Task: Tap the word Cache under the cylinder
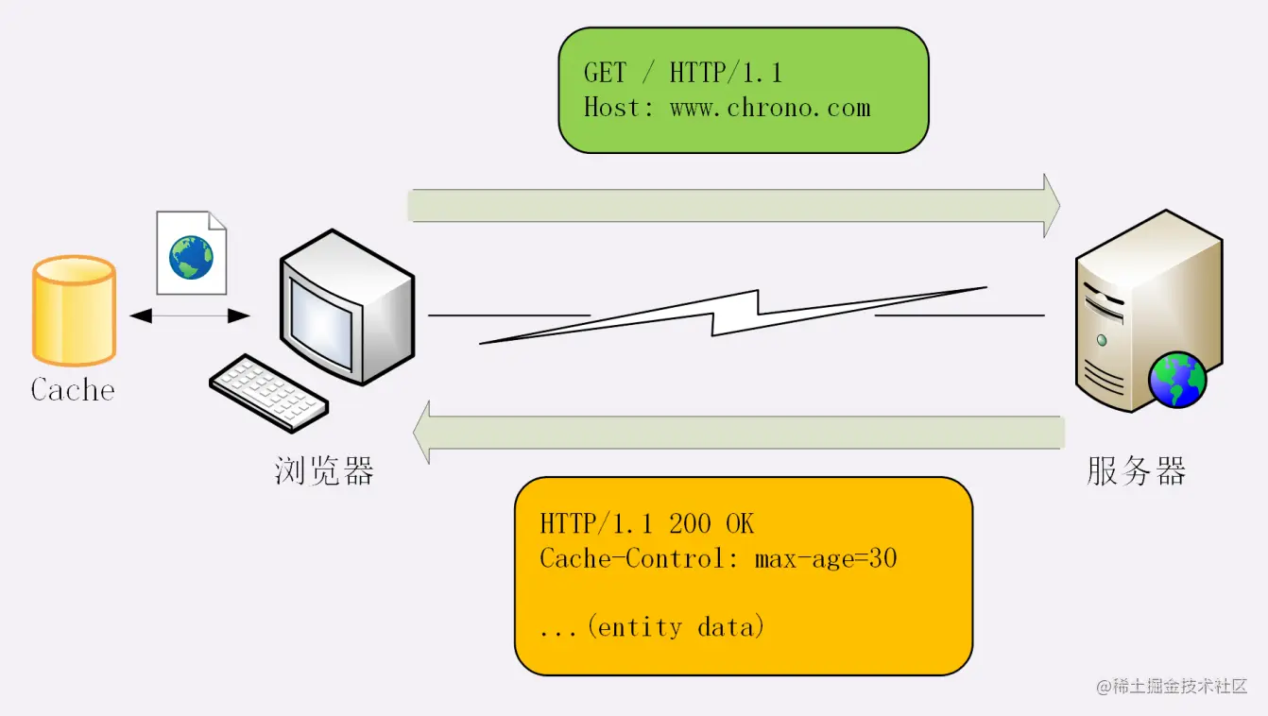tap(73, 389)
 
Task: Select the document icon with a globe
tap(191, 253)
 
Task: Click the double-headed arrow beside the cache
tap(190, 315)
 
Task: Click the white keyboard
tap(268, 392)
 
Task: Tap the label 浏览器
tap(324, 469)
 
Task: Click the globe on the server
tap(1176, 380)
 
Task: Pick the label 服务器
tap(1136, 469)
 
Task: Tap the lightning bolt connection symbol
tap(733, 314)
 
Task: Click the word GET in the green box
tap(605, 73)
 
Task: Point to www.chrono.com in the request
tap(770, 108)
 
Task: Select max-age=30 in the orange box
tap(825, 558)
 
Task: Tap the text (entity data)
tap(675, 626)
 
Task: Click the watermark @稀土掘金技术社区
tap(1172, 687)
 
